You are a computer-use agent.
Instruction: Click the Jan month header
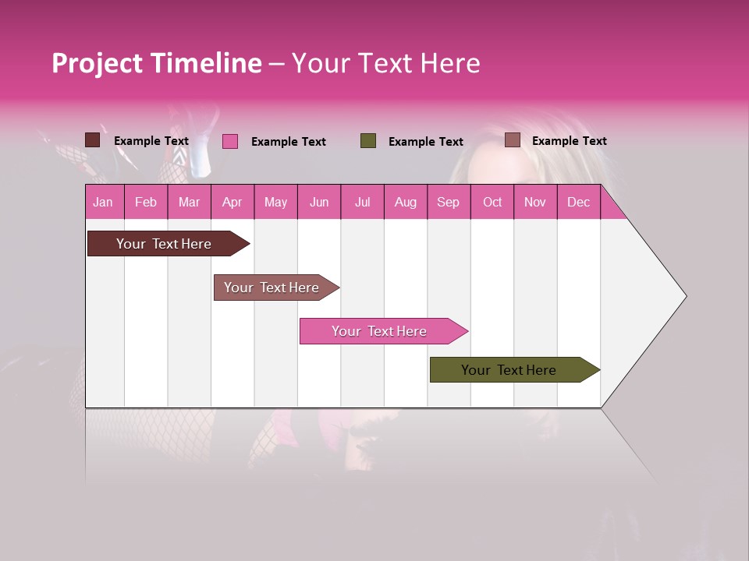point(103,202)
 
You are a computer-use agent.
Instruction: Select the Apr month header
point(232,202)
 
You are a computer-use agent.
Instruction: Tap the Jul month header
point(362,202)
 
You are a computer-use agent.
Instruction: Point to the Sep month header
point(448,202)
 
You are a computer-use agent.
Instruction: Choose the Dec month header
point(578,202)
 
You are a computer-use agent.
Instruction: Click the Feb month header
point(146,202)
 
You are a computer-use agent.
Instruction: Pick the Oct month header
point(492,202)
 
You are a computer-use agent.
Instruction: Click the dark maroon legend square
point(92,140)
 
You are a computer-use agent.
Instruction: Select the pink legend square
point(230,141)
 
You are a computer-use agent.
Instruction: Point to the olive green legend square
point(368,141)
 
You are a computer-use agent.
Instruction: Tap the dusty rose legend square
point(512,140)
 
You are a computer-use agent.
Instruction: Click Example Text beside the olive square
point(425,142)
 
